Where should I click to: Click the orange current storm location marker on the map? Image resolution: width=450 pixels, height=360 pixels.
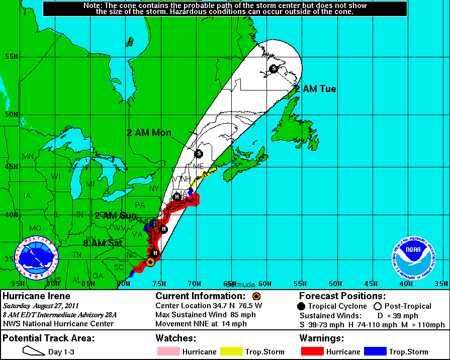tap(150, 262)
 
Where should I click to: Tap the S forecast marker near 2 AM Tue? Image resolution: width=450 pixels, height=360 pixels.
tap(274, 68)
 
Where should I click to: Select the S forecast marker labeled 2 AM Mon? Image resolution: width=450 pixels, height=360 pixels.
tap(199, 153)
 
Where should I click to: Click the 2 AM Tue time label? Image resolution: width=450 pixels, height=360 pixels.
tap(315, 89)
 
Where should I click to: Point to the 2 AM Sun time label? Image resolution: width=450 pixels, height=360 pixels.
tap(116, 215)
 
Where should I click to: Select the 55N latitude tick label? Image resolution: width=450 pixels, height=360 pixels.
tap(11, 56)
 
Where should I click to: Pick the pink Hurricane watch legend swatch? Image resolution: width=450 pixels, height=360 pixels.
tap(169, 351)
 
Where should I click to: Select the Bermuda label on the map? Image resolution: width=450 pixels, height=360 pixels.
tap(241, 284)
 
